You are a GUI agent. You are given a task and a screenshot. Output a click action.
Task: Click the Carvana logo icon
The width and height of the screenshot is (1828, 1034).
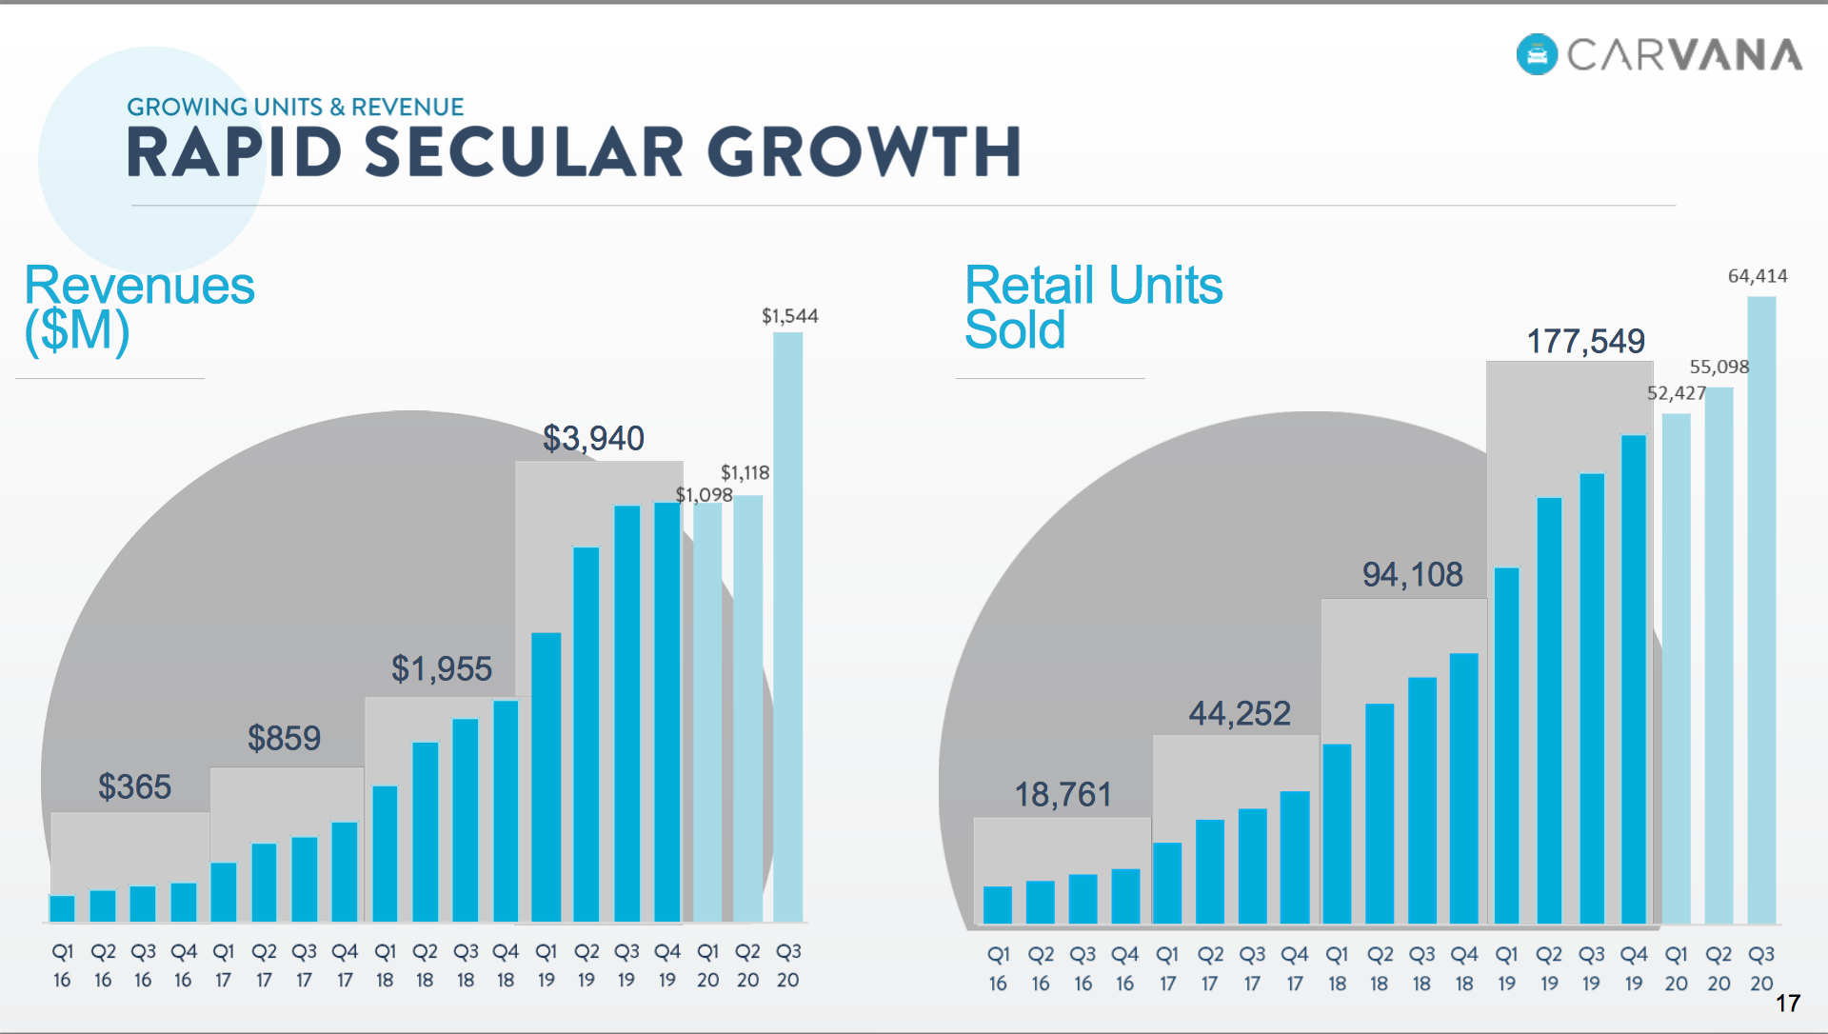tap(1537, 54)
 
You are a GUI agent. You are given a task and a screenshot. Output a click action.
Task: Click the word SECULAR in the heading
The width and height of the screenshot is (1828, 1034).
tap(525, 152)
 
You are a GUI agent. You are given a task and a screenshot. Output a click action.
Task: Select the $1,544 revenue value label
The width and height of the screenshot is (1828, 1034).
tap(789, 316)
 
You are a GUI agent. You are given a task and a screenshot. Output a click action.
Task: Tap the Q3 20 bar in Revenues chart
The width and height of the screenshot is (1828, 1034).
tap(787, 628)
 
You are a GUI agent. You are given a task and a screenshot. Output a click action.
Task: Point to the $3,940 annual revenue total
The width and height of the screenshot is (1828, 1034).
tap(593, 438)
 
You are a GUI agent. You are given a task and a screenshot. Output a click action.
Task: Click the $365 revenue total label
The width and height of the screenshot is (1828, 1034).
tap(134, 787)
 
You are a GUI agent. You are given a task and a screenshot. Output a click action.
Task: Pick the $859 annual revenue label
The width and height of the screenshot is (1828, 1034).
tap(284, 738)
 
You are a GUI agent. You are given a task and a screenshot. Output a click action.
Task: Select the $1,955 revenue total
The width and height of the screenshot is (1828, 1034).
tap(442, 668)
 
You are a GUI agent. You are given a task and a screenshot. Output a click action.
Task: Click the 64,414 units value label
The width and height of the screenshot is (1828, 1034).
tap(1758, 276)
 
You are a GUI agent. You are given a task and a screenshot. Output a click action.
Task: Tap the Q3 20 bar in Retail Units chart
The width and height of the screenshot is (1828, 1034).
tap(1761, 609)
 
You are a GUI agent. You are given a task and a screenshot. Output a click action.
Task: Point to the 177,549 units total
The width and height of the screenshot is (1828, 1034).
tap(1586, 341)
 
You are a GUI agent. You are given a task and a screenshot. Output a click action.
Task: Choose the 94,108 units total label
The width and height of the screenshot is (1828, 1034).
tap(1412, 574)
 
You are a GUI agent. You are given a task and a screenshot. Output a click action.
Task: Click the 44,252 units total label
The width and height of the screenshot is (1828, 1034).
tap(1240, 713)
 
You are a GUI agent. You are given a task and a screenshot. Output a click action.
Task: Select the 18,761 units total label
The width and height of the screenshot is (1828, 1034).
tap(1063, 794)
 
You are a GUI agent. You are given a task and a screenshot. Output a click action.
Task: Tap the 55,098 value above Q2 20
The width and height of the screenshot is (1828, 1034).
tap(1719, 367)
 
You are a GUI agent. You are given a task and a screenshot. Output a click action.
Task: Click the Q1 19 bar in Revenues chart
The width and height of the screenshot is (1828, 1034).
tap(546, 777)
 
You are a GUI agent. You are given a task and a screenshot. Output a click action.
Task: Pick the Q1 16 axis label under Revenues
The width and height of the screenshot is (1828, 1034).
tap(62, 965)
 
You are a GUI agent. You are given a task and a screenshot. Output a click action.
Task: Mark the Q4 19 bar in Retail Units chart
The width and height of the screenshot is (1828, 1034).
tap(1634, 679)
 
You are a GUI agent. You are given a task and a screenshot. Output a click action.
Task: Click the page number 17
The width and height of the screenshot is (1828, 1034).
tap(1788, 1003)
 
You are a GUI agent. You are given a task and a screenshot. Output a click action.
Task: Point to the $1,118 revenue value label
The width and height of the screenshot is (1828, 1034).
tap(745, 472)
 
